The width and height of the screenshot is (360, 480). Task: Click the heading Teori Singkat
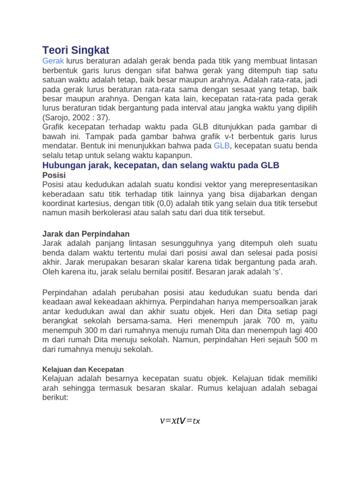click(75, 50)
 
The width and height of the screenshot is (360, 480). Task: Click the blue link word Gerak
click(52, 61)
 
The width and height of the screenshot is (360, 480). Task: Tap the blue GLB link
click(222, 146)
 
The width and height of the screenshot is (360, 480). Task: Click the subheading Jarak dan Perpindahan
click(86, 233)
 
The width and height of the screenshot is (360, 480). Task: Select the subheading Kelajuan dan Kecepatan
click(83, 369)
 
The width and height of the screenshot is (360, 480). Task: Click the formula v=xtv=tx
click(180, 420)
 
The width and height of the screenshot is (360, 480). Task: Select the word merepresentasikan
click(282, 184)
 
